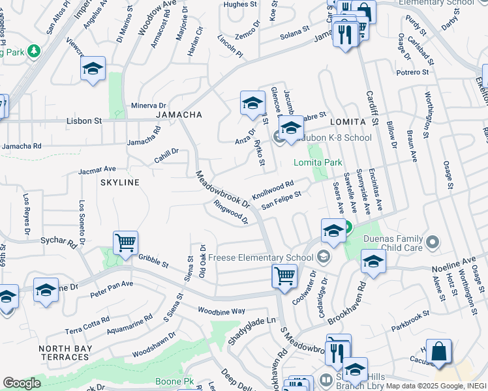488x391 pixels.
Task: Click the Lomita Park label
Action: pyautogui.click(x=318, y=162)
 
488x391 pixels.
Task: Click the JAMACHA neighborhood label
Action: pyautogui.click(x=178, y=115)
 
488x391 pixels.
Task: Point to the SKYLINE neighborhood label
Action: pyautogui.click(x=119, y=182)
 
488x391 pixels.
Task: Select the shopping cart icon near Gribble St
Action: pyautogui.click(x=125, y=244)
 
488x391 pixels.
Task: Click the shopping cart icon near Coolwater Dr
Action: pyautogui.click(x=284, y=276)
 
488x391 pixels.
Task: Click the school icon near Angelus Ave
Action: pyautogui.click(x=93, y=69)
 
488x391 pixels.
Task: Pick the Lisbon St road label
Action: pyautogui.click(x=85, y=121)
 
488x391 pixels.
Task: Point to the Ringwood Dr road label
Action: pyautogui.click(x=231, y=212)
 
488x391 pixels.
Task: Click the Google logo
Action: pyautogui.click(x=22, y=383)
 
